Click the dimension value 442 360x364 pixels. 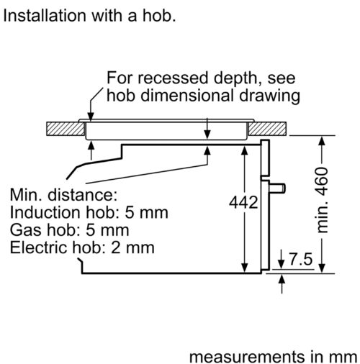tap(243, 203)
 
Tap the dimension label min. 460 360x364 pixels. tap(323, 200)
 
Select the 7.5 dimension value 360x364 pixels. tap(301, 259)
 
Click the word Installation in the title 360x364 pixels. tap(45, 16)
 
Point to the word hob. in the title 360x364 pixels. tap(159, 16)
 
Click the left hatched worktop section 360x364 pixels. tap(66, 129)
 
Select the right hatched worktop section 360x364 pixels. tap(267, 129)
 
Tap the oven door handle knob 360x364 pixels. tap(277, 188)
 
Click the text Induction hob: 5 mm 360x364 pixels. tap(89, 212)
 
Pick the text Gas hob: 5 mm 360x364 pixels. tap(70, 229)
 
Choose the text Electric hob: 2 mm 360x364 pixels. tap(82, 247)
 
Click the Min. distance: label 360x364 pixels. tap(63, 195)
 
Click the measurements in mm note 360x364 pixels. tap(274, 357)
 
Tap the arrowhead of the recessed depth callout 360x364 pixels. tap(91, 117)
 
